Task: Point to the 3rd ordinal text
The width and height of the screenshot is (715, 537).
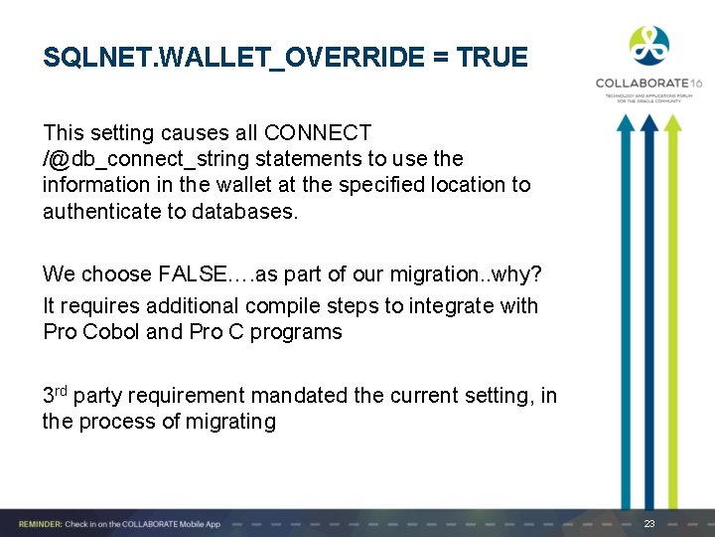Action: click(x=54, y=394)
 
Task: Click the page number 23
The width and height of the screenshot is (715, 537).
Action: click(x=649, y=523)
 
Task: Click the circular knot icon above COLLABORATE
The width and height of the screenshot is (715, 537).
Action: click(x=648, y=46)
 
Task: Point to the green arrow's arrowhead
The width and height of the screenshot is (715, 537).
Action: click(x=672, y=123)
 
